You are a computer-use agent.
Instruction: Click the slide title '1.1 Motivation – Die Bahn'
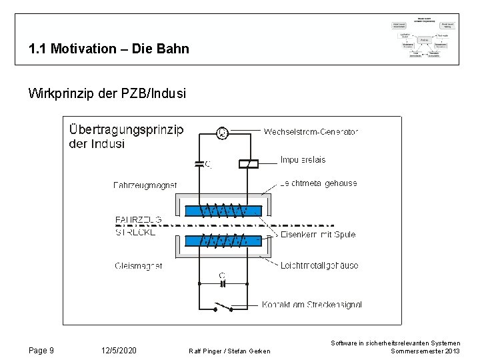point(109,49)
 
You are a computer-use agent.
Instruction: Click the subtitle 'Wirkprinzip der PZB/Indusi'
point(107,93)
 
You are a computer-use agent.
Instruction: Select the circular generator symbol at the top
point(223,133)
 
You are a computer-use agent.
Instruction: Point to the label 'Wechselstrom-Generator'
point(311,131)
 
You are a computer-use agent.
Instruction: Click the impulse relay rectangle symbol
point(248,163)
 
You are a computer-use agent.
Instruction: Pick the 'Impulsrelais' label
point(303,160)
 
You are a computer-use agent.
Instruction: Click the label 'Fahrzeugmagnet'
point(145,185)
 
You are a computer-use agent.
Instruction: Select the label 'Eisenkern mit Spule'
point(318,235)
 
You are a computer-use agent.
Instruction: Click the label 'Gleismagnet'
point(139,265)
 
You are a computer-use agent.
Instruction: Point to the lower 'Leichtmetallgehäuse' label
point(319,265)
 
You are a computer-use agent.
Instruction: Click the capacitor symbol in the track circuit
point(223,283)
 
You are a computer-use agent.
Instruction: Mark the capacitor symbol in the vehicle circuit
point(199,163)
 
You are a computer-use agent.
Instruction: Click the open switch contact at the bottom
point(223,307)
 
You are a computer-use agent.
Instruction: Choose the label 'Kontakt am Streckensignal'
point(312,305)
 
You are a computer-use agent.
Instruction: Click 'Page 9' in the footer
point(42,351)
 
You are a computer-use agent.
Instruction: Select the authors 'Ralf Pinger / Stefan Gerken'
point(229,351)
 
